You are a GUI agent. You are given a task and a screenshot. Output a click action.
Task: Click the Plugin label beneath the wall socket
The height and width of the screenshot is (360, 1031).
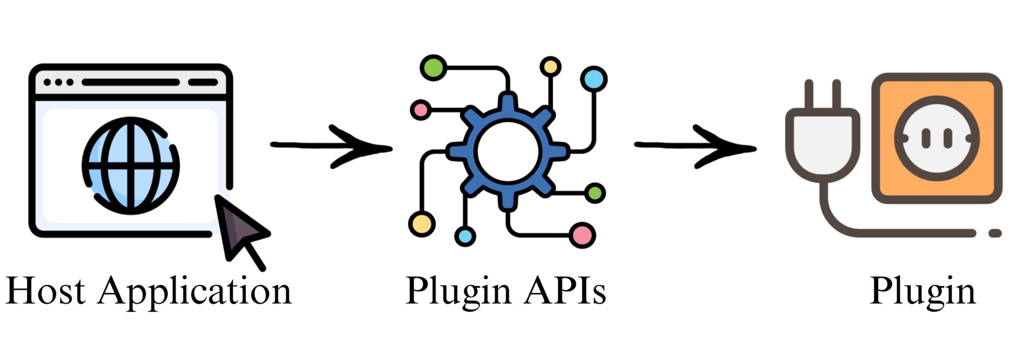pyautogui.click(x=923, y=292)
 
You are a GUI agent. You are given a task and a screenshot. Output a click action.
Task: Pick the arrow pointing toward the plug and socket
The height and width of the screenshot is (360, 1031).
pyautogui.click(x=695, y=146)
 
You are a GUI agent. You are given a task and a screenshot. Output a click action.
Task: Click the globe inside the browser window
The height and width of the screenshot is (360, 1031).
pyautogui.click(x=131, y=165)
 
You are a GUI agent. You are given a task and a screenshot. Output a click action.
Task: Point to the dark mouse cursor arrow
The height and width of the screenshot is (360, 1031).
pyautogui.click(x=240, y=229)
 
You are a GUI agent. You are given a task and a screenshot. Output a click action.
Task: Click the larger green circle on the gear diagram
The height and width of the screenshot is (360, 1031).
pyautogui.click(x=433, y=67)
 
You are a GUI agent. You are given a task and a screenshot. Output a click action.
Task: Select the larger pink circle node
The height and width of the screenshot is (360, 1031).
pyautogui.click(x=582, y=235)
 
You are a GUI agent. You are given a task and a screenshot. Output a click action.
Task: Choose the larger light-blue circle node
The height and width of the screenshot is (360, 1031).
pyautogui.click(x=594, y=79)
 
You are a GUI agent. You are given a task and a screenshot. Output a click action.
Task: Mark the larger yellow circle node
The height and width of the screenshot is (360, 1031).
pyautogui.click(x=421, y=224)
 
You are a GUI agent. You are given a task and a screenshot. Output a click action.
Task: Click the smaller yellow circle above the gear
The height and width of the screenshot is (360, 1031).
pyautogui.click(x=550, y=66)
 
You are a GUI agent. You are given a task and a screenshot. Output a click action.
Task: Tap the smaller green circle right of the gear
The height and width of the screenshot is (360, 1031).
pyautogui.click(x=595, y=193)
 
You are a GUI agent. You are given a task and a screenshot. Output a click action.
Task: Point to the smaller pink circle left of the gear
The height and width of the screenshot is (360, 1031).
pyautogui.click(x=420, y=109)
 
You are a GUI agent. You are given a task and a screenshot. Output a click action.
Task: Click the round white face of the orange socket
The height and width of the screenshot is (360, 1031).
pyautogui.click(x=936, y=138)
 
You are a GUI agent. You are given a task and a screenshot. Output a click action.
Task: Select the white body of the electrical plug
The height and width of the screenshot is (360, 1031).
pyautogui.click(x=823, y=143)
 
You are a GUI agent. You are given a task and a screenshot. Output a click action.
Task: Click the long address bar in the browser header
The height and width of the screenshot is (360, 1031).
pyautogui.click(x=130, y=82)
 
